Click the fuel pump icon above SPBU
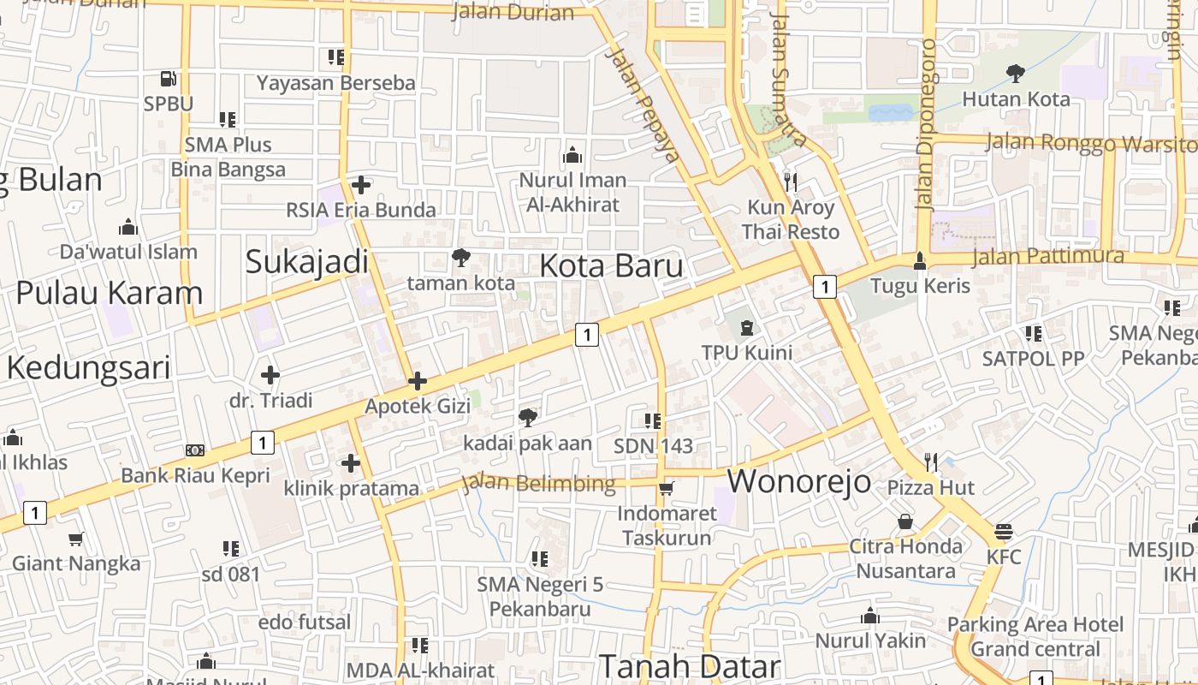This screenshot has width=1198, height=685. click(x=169, y=79)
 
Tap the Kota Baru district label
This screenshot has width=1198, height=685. click(x=611, y=265)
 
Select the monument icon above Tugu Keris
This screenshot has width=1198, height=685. click(x=920, y=260)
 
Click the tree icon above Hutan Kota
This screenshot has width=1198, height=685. click(x=1016, y=74)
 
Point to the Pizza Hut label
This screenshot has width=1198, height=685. click(x=930, y=488)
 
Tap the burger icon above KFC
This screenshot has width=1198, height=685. click(x=1004, y=532)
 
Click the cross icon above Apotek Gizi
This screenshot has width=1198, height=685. click(x=418, y=381)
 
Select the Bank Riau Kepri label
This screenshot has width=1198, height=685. click(x=195, y=475)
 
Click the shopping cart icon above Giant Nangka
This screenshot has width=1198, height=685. click(x=76, y=539)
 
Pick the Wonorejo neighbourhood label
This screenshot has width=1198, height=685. click(x=799, y=481)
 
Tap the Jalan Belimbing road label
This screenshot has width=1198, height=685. click(x=539, y=484)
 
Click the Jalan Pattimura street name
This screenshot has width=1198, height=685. click(x=1048, y=256)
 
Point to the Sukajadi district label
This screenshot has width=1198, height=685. click(x=306, y=262)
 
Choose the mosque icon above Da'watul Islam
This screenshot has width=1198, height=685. click(x=128, y=227)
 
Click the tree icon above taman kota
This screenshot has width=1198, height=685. click(x=461, y=257)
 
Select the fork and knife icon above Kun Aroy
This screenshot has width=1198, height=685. click(x=790, y=182)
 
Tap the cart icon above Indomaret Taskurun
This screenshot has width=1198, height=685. click(x=667, y=488)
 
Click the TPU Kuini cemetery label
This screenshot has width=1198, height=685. click(x=746, y=352)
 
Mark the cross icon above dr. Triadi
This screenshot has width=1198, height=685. click(x=270, y=375)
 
